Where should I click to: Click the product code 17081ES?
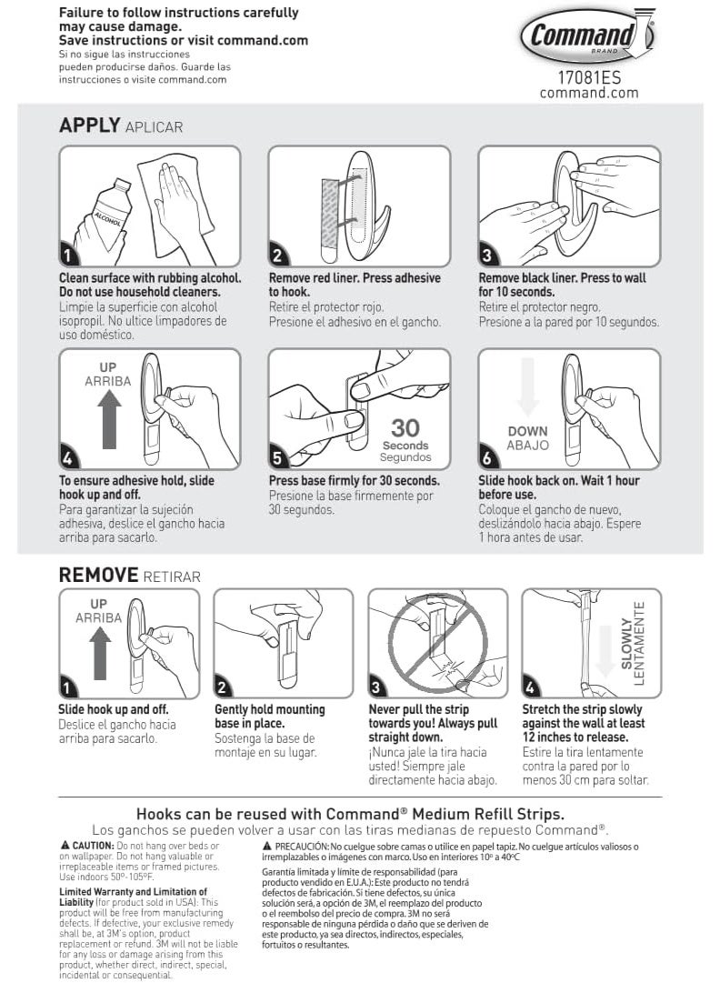pos(589,78)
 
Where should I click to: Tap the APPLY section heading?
pos(89,125)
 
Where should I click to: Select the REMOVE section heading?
pos(98,574)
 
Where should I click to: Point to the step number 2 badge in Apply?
pos(277,256)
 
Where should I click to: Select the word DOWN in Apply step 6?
pos(527,431)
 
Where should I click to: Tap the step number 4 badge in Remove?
pos(531,687)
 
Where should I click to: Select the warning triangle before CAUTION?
pos(64,846)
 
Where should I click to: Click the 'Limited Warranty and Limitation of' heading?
pos(133,892)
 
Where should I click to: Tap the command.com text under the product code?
pos(589,93)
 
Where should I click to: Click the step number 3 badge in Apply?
pos(487,256)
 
